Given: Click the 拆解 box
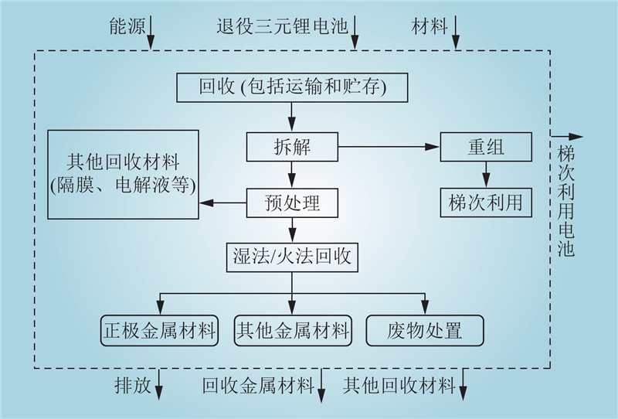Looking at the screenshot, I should coord(293,147).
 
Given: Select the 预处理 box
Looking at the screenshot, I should coord(293,203).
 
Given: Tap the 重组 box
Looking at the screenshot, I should coord(485,147).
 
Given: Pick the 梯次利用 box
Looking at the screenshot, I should coord(485,203).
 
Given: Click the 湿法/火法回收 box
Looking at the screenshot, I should coord(292,257).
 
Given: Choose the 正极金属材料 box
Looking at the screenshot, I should coord(159,330).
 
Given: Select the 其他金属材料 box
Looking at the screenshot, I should coord(292,330).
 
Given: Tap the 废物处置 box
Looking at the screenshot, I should coord(424,330).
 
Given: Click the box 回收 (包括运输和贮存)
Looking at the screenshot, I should coord(292,87).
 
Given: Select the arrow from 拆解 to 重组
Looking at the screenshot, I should coord(389,147).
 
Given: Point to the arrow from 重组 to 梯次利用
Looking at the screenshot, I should coord(485,175).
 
